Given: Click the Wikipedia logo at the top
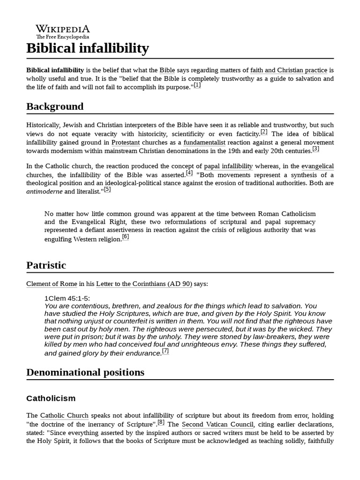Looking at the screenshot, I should coord(63,31).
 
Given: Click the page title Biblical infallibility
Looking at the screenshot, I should coord(88,48).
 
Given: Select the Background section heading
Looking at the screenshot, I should coord(55,106).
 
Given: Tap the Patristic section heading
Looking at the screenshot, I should coord(46,265).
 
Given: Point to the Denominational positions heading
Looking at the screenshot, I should coord(85,372).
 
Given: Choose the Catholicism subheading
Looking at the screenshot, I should coord(51,398).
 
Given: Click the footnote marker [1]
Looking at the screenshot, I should coord(197,85).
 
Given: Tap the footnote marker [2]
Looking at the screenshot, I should coord(264,132).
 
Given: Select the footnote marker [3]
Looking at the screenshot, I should coord(315,149).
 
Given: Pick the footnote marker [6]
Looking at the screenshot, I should coord(125,237).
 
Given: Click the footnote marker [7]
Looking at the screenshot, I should coord(165,351).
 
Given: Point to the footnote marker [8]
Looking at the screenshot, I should coord(161,422).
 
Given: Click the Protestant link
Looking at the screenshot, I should coord(126,142).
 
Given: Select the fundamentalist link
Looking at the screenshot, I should coord(204,142).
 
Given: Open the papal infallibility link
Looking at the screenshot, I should coord(228,166).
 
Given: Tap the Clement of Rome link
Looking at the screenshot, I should coord(51,284).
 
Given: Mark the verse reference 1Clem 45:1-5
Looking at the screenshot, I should coord(67,299).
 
